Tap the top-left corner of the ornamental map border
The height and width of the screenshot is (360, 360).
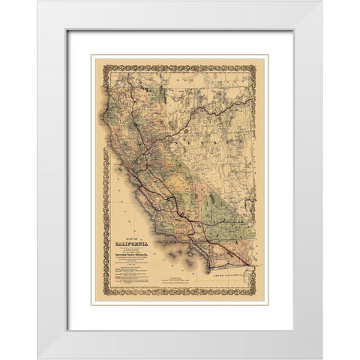tap(94, 56)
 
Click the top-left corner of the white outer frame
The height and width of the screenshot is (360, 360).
tap(37, 1)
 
